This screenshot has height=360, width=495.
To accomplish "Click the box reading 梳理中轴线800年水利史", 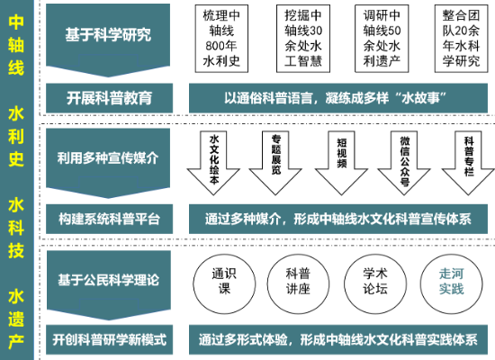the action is click(221, 39).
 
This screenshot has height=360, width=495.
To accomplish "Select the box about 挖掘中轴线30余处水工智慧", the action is click(303, 39).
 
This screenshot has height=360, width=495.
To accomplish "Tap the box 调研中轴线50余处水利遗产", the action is click(382, 39).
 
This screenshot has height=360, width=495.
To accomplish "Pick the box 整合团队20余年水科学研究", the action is click(461, 39).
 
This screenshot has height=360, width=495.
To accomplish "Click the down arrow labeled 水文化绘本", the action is click(213, 163).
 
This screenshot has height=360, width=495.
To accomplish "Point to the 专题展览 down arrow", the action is click(275, 163).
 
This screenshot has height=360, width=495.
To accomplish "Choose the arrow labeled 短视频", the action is click(341, 163).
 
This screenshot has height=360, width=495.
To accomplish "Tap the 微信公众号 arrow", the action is click(404, 163).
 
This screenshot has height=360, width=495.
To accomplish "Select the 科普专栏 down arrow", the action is click(468, 163).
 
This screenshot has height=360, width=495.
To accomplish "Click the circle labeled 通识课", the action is click(224, 283).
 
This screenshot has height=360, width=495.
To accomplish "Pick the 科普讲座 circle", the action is click(298, 283).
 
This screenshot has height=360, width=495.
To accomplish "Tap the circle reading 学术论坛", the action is click(374, 283).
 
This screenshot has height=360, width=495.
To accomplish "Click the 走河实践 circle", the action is click(452, 283).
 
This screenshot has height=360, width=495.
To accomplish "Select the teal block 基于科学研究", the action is click(108, 38).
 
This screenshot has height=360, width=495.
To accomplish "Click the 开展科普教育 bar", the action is click(109, 98).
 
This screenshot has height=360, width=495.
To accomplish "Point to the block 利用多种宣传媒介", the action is click(108, 161).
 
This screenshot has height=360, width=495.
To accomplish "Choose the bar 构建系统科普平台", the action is click(109, 219).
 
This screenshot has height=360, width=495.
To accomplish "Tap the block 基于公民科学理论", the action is click(109, 283).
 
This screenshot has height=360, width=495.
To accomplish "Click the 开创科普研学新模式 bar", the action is click(109, 339).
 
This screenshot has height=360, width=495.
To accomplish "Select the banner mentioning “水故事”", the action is click(338, 98).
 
